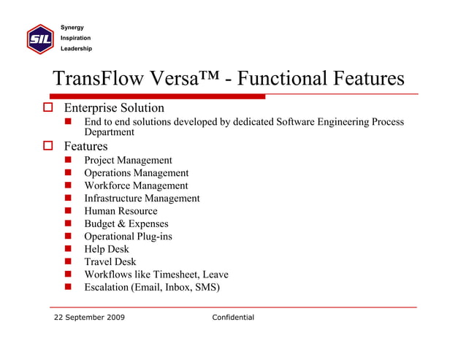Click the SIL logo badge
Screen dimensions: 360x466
click(39, 38)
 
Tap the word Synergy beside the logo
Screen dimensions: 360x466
click(72, 28)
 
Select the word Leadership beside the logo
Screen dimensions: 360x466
click(76, 49)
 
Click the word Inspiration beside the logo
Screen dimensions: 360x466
click(76, 38)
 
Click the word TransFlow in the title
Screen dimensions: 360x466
click(99, 78)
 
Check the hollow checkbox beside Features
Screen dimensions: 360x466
click(49, 147)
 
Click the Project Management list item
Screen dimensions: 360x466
click(128, 161)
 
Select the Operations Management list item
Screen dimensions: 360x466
click(136, 173)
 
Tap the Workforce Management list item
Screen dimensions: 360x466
click(136, 185)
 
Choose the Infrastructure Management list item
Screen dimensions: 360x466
click(142, 199)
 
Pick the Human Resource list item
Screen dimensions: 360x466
click(121, 211)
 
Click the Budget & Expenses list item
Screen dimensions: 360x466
click(126, 224)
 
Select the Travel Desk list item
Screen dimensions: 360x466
click(110, 262)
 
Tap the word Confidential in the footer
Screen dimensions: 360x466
click(233, 318)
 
